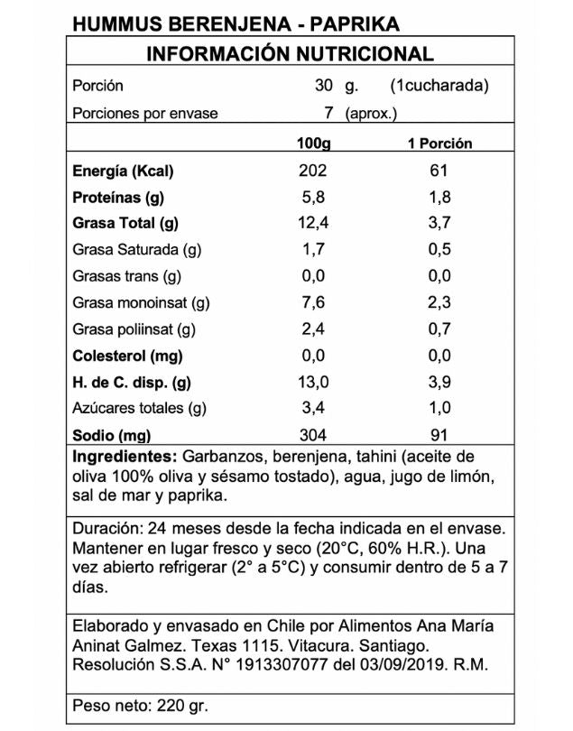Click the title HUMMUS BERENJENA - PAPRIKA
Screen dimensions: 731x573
[222, 23]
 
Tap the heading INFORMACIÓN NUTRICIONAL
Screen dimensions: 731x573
[290, 53]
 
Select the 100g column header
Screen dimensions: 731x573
[313, 143]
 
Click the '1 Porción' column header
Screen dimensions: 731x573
[439, 143]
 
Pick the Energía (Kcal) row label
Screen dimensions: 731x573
[122, 171]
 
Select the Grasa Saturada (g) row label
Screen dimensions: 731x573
[136, 250]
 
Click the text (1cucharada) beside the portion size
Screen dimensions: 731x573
[439, 87]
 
